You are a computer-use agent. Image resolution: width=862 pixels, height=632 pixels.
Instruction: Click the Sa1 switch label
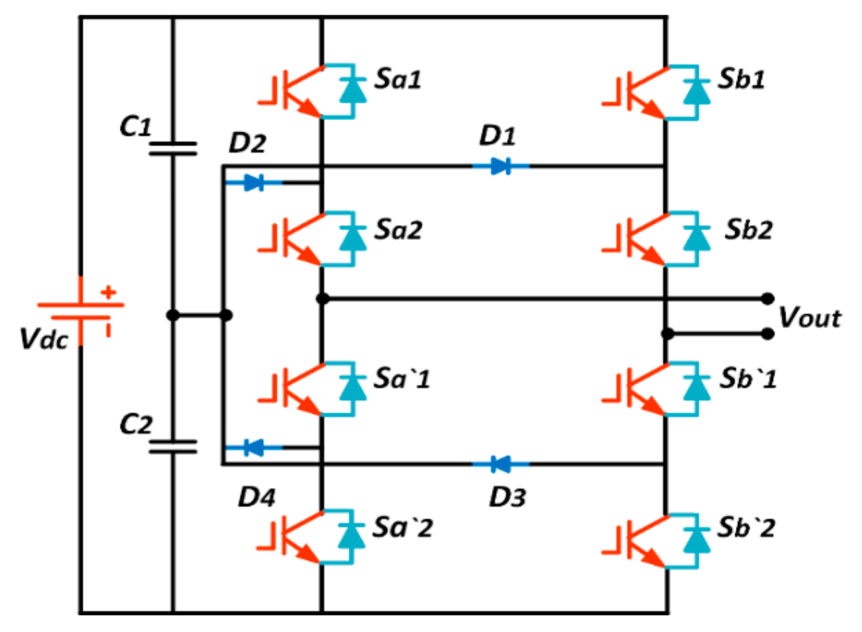click(397, 79)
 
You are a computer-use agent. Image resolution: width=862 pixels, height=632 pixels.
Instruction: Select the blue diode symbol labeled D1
click(500, 166)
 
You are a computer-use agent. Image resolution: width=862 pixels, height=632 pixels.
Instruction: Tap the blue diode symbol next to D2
click(253, 182)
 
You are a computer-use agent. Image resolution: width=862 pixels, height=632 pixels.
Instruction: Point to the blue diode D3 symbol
click(500, 464)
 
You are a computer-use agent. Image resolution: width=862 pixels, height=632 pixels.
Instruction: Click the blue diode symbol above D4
click(253, 448)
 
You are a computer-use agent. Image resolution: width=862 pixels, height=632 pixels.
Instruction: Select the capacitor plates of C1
click(173, 149)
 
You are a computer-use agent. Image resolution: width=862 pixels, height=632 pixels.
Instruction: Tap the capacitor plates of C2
click(173, 447)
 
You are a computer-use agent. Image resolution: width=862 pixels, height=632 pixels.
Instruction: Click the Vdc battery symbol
click(81, 311)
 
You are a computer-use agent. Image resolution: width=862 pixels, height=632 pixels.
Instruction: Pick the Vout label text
click(809, 318)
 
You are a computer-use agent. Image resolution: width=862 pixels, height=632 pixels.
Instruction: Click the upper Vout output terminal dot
click(768, 299)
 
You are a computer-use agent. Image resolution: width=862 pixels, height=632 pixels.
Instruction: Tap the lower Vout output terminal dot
click(768, 333)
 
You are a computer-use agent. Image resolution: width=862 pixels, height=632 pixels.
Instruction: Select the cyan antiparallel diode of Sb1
click(696, 91)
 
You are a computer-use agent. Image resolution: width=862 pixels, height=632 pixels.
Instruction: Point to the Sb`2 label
click(746, 528)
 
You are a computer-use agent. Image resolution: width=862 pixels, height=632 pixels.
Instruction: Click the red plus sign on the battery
click(108, 292)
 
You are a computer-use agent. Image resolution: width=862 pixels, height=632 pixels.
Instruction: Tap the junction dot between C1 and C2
click(173, 315)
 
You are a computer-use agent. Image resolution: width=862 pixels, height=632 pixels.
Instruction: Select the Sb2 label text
click(748, 230)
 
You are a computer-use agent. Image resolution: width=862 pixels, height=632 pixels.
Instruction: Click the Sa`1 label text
click(401, 378)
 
